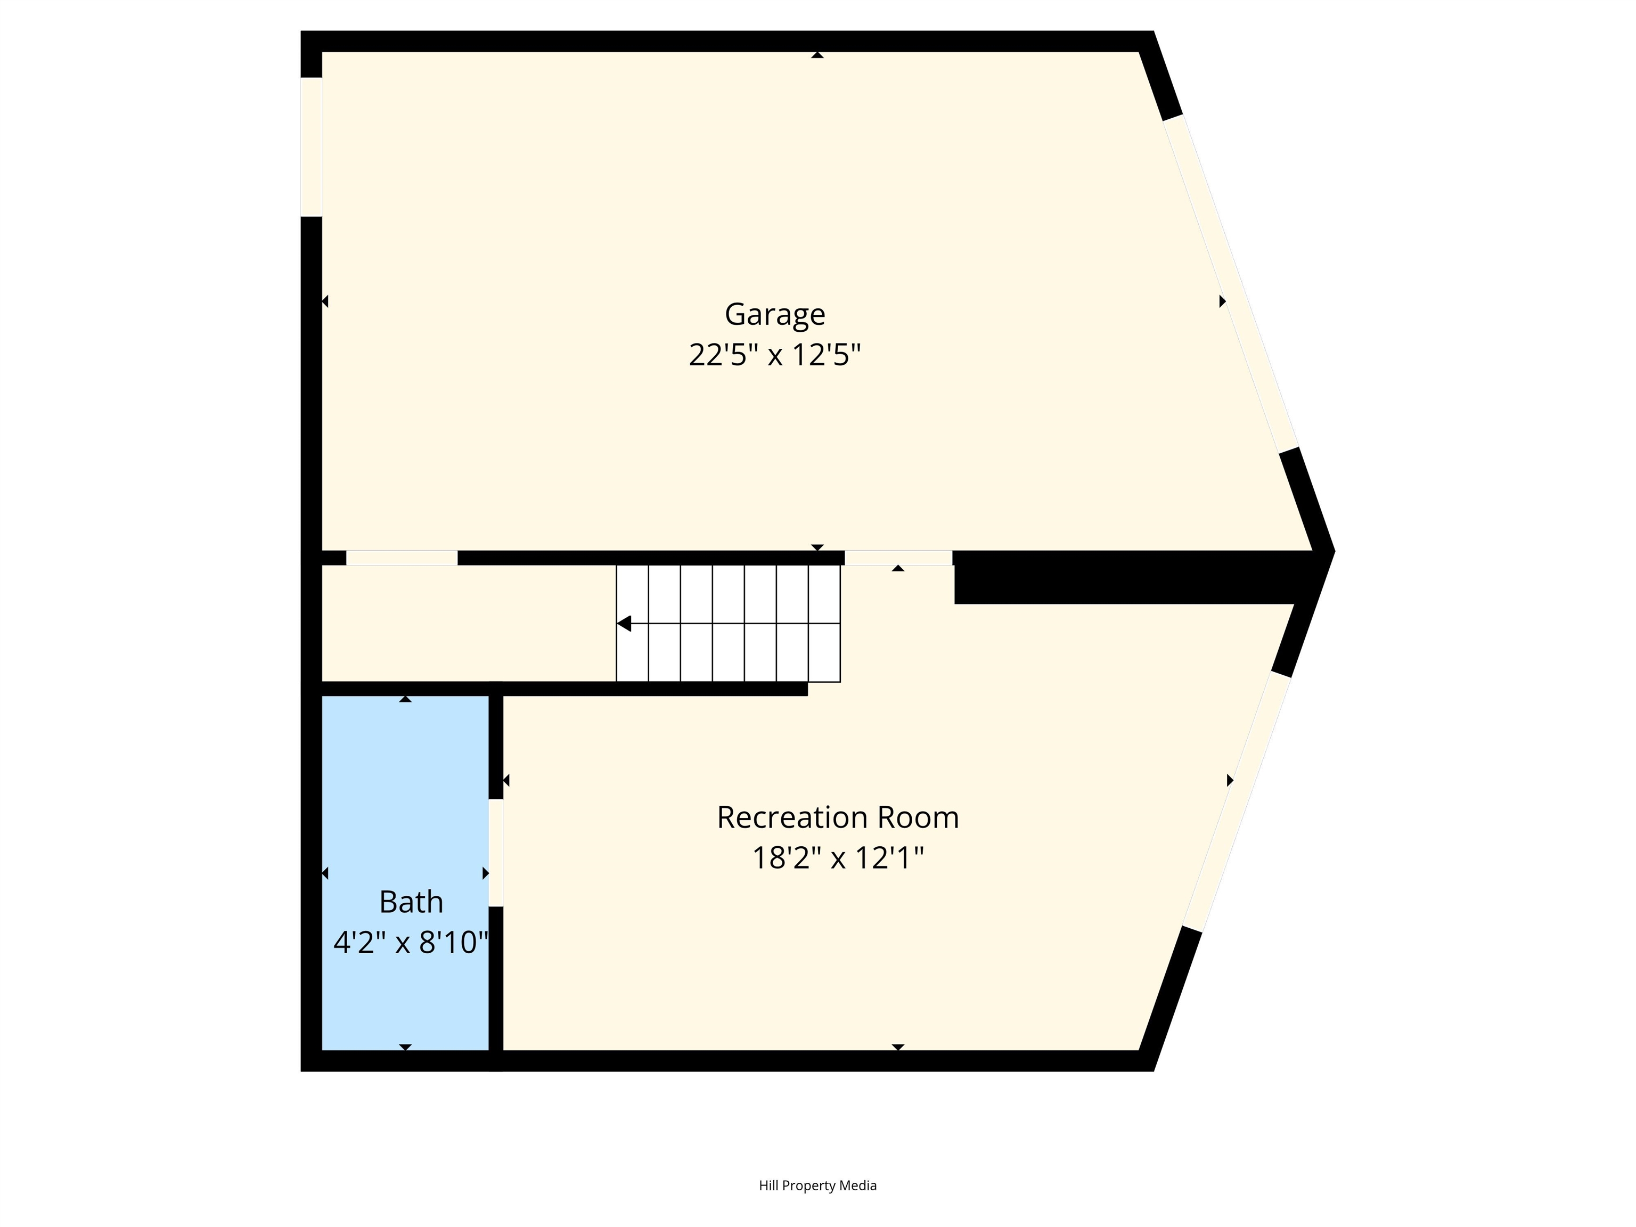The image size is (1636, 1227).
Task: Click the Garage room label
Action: (774, 314)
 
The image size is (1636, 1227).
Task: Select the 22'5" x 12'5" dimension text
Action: (774, 355)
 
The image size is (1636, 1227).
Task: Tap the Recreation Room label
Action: (837, 817)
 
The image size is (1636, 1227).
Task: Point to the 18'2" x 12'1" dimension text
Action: (837, 858)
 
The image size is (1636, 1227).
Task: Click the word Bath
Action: (411, 902)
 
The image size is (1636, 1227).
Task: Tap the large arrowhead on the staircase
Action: (624, 624)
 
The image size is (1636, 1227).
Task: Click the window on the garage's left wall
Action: (312, 147)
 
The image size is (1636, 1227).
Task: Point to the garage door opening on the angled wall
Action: (1231, 283)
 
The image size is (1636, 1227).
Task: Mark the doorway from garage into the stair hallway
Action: (402, 559)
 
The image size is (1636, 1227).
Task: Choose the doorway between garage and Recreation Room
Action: (898, 559)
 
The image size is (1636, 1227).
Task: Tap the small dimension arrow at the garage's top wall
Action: (817, 55)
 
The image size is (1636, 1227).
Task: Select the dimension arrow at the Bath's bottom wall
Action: (405, 1046)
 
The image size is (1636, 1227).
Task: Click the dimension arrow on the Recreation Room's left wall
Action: (506, 780)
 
